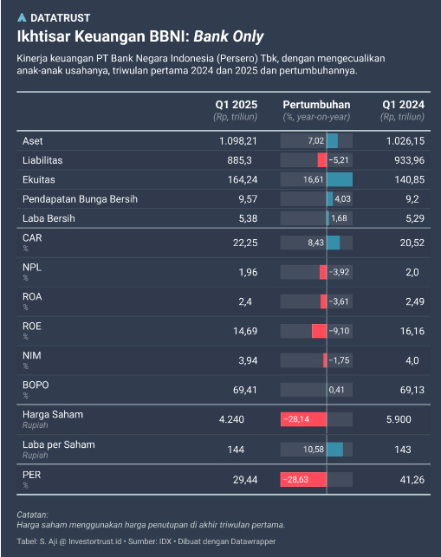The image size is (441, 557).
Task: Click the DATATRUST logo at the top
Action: click(54, 17)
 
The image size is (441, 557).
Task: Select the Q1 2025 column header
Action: click(236, 104)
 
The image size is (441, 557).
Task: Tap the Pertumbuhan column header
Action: click(316, 104)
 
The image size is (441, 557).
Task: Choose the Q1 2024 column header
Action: click(403, 104)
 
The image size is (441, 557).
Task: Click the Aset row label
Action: click(32, 140)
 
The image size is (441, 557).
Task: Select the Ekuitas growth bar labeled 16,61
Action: click(317, 179)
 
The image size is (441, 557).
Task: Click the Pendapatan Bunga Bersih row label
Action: click(80, 198)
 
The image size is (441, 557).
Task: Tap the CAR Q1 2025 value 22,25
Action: click(245, 243)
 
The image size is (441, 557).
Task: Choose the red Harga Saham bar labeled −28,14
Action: click(303, 419)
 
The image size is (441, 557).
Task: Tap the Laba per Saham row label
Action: click(58, 444)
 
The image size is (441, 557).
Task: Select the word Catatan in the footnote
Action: click(33, 515)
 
